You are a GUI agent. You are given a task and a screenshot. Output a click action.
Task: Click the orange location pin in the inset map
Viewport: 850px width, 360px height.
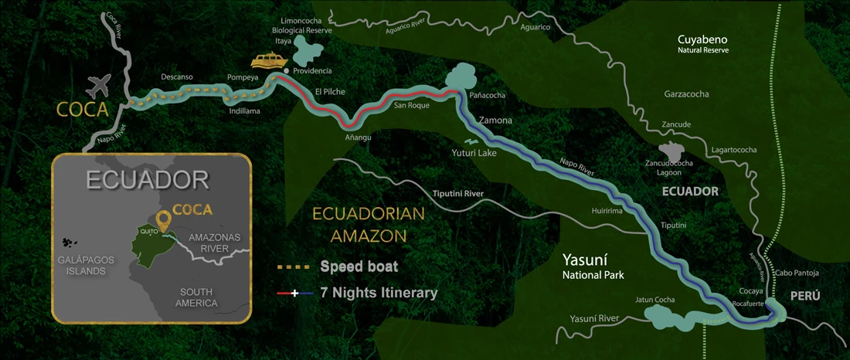163,219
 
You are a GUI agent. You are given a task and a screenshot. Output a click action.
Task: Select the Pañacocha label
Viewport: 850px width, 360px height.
487,95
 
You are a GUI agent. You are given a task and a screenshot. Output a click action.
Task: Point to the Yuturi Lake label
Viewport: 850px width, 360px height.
474,153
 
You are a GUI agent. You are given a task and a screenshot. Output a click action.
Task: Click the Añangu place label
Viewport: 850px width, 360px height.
358,138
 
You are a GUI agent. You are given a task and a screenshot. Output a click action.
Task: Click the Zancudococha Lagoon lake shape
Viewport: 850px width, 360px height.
669,152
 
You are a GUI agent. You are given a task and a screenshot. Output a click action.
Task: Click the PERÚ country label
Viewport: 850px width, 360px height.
804,296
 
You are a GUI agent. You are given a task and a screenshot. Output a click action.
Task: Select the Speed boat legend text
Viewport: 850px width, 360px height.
359,267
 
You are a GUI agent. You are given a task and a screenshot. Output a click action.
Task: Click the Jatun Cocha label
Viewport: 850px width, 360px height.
654,300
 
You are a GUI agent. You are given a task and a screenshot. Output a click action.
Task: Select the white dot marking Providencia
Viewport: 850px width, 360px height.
287,71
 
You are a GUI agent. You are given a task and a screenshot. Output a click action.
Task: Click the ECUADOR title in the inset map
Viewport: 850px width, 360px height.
148,180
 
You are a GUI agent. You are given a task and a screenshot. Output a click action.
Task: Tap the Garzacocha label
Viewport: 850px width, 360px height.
686,94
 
